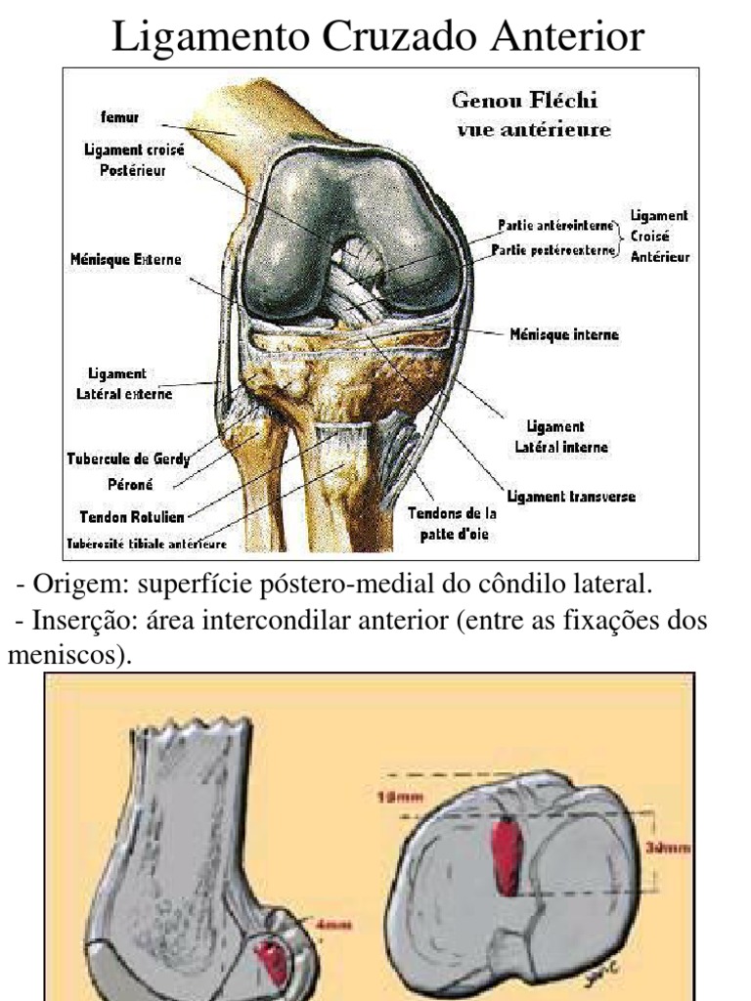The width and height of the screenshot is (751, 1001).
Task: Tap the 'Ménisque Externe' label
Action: click(125, 261)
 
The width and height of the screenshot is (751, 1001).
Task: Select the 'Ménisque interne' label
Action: click(564, 334)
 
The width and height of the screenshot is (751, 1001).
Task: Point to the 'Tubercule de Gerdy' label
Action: click(127, 459)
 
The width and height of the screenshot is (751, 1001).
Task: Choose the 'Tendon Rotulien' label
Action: click(131, 515)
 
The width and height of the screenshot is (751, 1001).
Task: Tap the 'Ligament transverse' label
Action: click(571, 497)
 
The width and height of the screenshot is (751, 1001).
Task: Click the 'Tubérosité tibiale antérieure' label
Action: click(146, 544)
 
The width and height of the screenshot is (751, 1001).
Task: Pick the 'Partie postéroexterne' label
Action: click(553, 250)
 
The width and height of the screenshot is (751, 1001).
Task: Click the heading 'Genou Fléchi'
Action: click(524, 101)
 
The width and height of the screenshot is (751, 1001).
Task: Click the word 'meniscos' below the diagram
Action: click(63, 655)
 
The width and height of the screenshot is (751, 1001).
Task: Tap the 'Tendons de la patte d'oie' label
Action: click(452, 523)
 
